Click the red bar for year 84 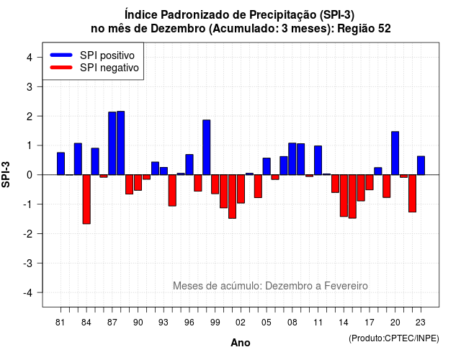point(86,199)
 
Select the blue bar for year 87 point(112,143)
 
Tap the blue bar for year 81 point(61,163)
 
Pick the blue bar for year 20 point(395,153)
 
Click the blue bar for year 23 point(421,166)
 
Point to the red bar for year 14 point(344,196)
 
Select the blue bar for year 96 point(189,165)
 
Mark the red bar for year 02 point(241,189)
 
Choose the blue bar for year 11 point(318,160)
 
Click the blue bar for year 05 point(267,166)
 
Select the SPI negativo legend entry point(94,68)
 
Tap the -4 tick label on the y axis point(29,293)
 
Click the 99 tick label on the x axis point(215,323)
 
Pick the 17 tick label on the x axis point(370,323)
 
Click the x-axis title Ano point(241,343)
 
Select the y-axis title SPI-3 point(6,175)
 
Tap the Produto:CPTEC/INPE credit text point(394,338)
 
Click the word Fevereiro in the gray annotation point(346,286)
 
